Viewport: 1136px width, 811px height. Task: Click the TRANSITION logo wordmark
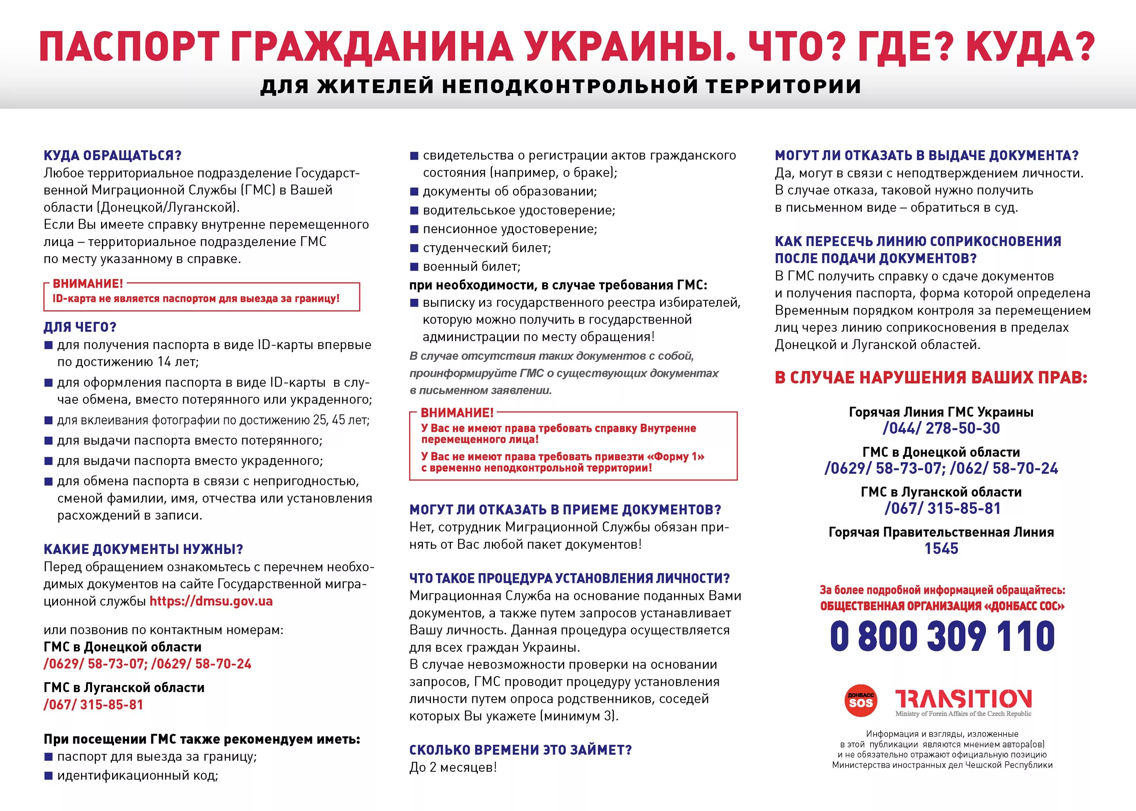963,699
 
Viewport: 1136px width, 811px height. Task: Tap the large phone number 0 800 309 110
942,636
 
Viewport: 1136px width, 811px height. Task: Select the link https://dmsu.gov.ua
211,601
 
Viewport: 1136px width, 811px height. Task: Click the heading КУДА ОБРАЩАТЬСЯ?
112,155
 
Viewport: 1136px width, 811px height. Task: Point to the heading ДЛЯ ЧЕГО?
80,327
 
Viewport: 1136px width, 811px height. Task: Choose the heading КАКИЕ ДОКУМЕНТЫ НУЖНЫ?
144,549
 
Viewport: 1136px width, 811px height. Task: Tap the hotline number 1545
941,548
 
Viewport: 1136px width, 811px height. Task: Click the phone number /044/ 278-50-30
941,428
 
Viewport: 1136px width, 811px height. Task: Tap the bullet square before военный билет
414,267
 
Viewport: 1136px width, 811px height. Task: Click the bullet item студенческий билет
487,248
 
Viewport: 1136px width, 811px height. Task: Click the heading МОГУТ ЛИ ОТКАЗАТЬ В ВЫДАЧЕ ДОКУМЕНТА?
927,155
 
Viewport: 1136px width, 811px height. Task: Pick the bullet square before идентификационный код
48,775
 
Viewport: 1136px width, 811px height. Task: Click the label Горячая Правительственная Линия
941,532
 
